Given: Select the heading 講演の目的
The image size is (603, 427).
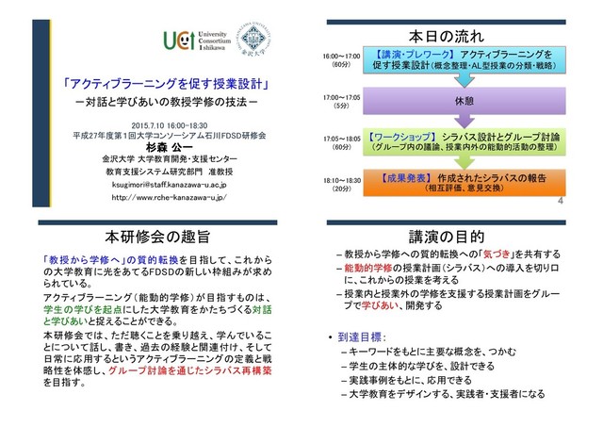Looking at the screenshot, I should (447, 235).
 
